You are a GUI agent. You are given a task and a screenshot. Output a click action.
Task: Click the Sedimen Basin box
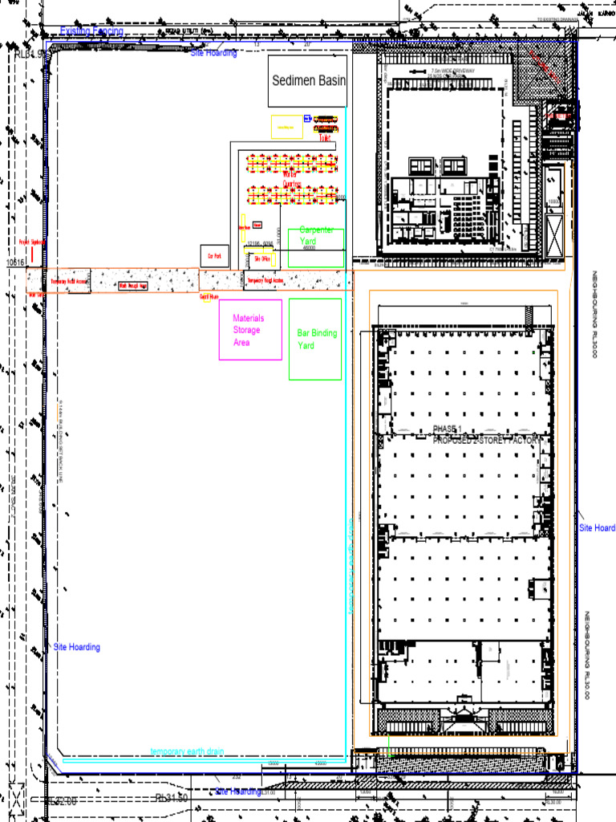click(308, 80)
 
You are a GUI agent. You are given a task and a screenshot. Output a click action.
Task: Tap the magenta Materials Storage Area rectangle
click(250, 330)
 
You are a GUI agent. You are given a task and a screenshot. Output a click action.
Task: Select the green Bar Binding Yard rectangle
click(315, 339)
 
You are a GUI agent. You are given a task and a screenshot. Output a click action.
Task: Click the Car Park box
click(214, 256)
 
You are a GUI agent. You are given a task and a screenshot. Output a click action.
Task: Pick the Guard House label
click(209, 296)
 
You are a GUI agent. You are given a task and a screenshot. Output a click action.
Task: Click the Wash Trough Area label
click(133, 285)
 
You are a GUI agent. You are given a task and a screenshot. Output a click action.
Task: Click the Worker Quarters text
click(292, 178)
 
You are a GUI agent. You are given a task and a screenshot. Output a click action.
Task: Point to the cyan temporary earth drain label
click(187, 751)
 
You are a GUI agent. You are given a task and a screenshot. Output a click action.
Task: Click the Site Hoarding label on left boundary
click(77, 647)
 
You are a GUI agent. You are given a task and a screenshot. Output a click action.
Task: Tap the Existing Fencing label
click(92, 31)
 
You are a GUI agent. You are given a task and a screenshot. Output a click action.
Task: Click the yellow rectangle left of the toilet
click(286, 127)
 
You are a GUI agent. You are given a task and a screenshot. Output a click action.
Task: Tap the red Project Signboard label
click(32, 241)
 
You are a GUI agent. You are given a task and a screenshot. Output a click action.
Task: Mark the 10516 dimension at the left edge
click(16, 262)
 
